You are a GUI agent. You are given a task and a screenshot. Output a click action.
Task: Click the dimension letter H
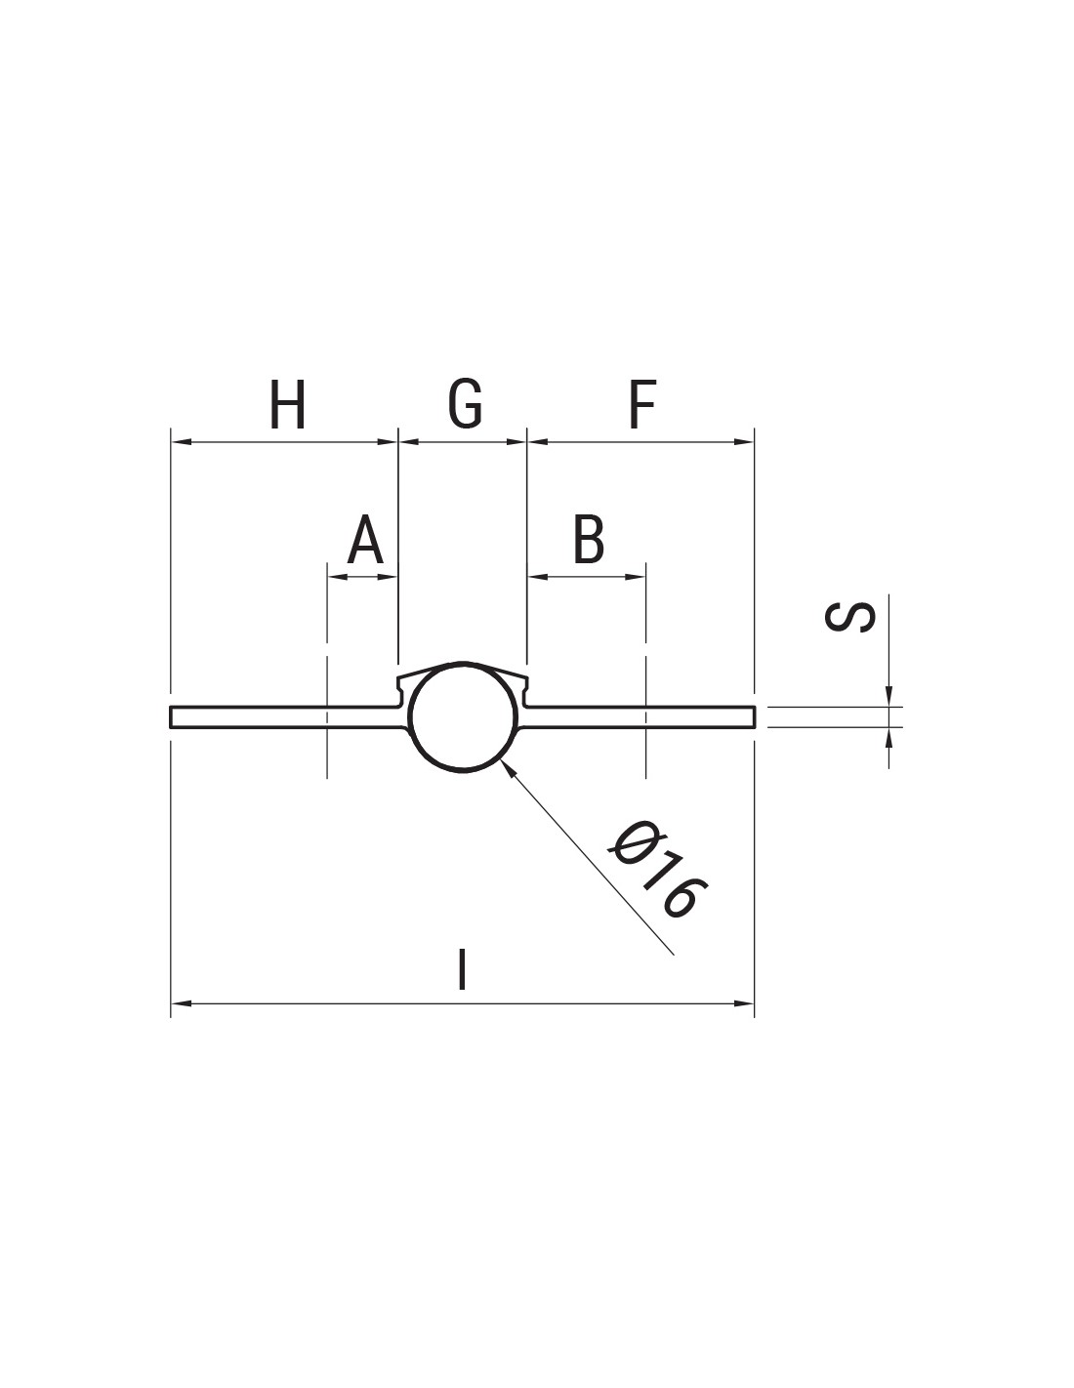tap(287, 405)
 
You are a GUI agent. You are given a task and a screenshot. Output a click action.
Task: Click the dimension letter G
tap(465, 405)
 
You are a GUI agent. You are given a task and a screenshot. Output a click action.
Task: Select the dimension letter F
tap(642, 405)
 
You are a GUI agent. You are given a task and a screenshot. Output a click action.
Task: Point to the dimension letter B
tap(589, 539)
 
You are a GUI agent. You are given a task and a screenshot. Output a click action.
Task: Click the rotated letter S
tap(849, 617)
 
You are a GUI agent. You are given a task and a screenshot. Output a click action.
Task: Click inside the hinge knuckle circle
tap(463, 716)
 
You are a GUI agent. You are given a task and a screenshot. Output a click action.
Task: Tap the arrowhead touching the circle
tap(509, 766)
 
